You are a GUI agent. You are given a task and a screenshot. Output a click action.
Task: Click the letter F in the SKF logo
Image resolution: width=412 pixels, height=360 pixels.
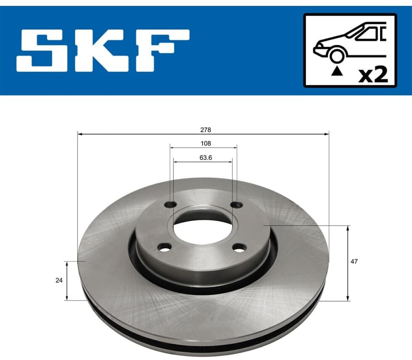pyautogui.click(x=162, y=51)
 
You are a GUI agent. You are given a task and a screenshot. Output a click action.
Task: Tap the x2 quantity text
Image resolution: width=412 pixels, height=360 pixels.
pyautogui.click(x=373, y=75)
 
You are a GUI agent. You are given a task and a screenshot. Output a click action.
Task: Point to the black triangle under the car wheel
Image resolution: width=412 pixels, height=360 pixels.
pyautogui.click(x=337, y=71)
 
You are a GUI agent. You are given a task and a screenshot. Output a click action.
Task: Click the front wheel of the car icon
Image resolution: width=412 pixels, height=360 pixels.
pyautogui.click(x=337, y=56)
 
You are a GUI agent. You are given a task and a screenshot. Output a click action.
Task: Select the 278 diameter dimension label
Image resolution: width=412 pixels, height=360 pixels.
pyautogui.click(x=206, y=130)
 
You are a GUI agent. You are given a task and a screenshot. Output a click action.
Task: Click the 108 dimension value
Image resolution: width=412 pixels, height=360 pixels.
pyautogui.click(x=206, y=143)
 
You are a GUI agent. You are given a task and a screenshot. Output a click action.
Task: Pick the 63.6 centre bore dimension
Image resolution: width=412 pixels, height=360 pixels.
pyautogui.click(x=206, y=158)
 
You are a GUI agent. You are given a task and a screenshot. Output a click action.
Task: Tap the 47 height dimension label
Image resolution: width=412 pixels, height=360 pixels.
pyautogui.click(x=354, y=262)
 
